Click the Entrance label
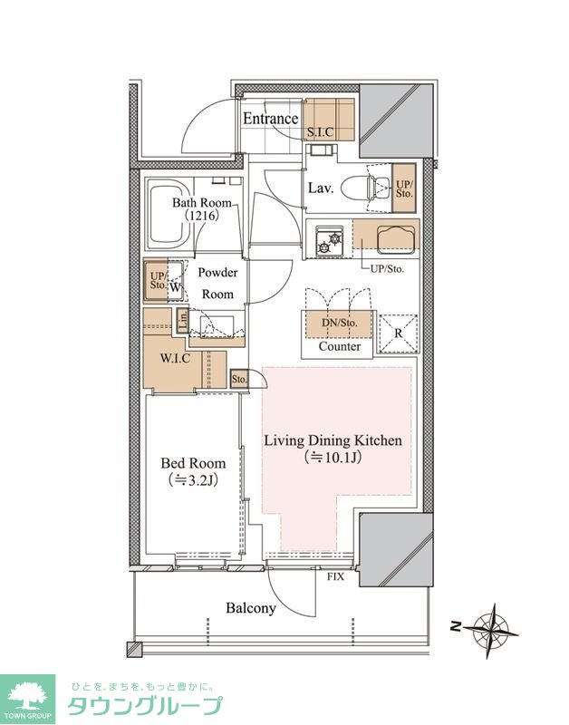(x=270, y=119)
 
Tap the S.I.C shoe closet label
(x=321, y=131)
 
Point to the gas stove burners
(x=328, y=241)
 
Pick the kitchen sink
(x=397, y=239)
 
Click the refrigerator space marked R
(x=398, y=333)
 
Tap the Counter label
(x=340, y=346)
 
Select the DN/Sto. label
(x=340, y=324)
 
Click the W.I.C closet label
(x=175, y=358)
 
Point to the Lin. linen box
(x=183, y=320)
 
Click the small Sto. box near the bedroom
(x=239, y=379)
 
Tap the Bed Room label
(x=193, y=463)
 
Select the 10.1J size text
(x=333, y=458)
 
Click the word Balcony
(x=251, y=608)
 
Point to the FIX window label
(x=335, y=576)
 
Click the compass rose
(x=490, y=630)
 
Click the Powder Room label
(x=217, y=283)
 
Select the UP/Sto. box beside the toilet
(x=404, y=188)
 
